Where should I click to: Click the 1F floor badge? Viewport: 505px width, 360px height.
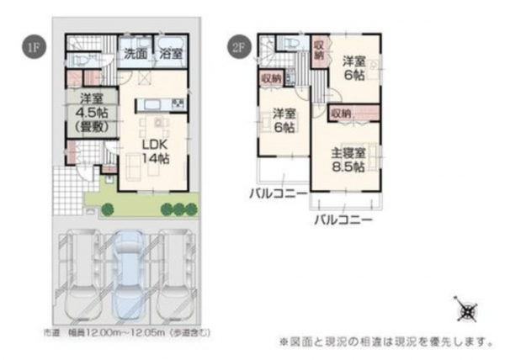coord(30,47)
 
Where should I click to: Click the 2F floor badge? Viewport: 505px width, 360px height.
coord(237,47)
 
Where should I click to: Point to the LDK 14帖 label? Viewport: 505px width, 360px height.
coord(154,150)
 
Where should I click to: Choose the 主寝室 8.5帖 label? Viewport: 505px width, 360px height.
coord(347,159)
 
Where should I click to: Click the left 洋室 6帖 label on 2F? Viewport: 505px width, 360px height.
coord(282,119)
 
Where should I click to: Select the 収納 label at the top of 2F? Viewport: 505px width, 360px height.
coord(319,49)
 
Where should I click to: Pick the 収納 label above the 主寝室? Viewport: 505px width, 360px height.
coord(340,112)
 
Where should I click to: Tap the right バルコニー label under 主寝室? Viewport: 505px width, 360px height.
coord(343,220)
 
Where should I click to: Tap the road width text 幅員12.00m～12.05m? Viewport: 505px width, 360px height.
coord(126,333)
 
